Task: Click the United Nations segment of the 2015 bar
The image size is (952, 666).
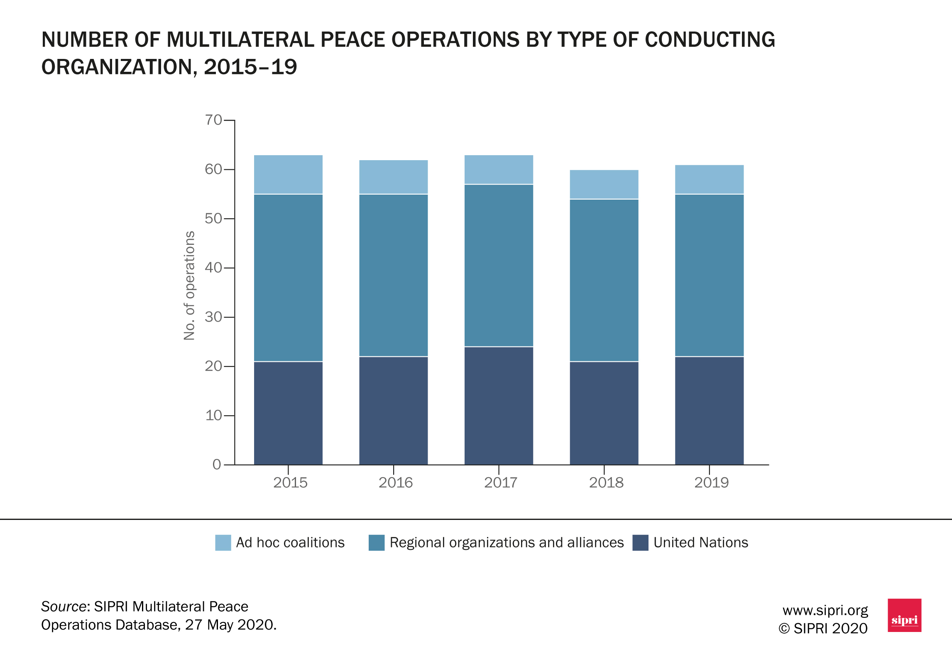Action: coord(288,413)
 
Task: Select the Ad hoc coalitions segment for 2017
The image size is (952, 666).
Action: coord(499,170)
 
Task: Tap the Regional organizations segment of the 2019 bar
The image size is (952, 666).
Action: coord(709,275)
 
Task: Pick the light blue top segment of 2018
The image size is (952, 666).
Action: coord(604,184)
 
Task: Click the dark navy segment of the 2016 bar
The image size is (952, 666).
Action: coord(393,410)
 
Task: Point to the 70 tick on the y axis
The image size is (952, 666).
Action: coord(213,120)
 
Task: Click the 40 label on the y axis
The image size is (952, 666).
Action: coord(213,268)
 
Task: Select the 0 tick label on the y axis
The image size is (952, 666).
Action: coord(217,464)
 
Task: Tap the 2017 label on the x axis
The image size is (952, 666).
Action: coord(500,483)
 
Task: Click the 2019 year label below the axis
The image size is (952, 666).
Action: coord(711,483)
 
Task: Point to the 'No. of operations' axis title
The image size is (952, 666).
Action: coord(189,285)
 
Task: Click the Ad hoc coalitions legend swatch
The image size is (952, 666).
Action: coord(223,543)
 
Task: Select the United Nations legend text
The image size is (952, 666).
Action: coord(700,543)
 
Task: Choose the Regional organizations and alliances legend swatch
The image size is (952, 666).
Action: coord(377,543)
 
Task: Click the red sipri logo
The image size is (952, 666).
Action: coord(904,615)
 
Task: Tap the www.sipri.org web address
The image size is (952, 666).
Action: coord(825,610)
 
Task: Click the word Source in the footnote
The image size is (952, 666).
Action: coord(64,607)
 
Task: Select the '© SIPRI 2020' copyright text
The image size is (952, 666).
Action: coord(823,629)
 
